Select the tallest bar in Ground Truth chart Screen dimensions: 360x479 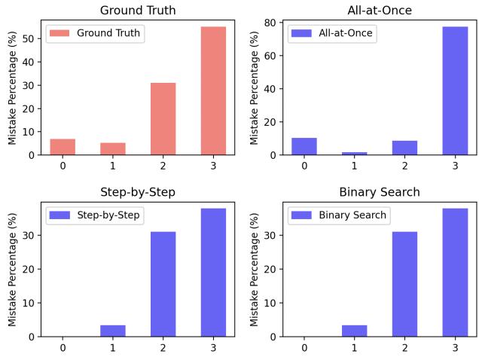pyautogui.click(x=213, y=90)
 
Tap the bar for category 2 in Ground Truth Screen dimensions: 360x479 pyautogui.click(x=163, y=119)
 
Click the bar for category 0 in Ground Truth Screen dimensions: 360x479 pyautogui.click(x=63, y=147)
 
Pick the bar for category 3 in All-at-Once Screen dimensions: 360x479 pyautogui.click(x=454, y=90)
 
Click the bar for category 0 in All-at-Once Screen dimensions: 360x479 pyautogui.click(x=304, y=146)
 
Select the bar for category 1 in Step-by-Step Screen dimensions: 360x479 pyautogui.click(x=113, y=331)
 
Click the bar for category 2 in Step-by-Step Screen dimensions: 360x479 pyautogui.click(x=163, y=284)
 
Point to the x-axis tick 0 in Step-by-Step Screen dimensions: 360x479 pyautogui.click(x=63, y=348)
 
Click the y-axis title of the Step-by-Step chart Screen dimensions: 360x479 pyautogui.click(x=13, y=270)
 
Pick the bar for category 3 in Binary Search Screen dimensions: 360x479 pyautogui.click(x=454, y=272)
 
